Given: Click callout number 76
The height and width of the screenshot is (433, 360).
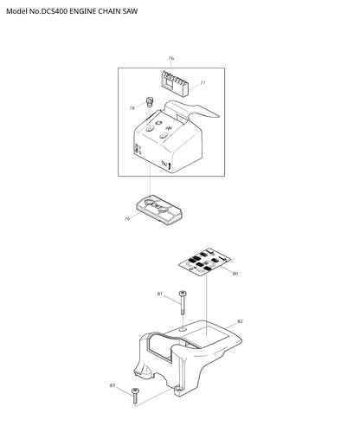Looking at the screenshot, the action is pyautogui.click(x=171, y=58).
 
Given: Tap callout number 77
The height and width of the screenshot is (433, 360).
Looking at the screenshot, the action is pyautogui.click(x=202, y=83).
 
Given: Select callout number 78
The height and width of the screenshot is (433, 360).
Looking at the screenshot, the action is pyautogui.click(x=132, y=108).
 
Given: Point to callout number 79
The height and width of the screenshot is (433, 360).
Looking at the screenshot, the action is pyautogui.click(x=127, y=219).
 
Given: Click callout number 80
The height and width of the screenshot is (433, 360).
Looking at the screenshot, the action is pyautogui.click(x=235, y=274).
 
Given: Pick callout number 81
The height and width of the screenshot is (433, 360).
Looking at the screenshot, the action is pyautogui.click(x=160, y=294).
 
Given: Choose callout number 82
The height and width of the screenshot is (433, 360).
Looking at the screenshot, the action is pyautogui.click(x=240, y=321).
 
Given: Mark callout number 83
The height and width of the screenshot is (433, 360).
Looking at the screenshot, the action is pyautogui.click(x=112, y=385).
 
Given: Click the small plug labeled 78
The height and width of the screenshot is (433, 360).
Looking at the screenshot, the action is pyautogui.click(x=150, y=102).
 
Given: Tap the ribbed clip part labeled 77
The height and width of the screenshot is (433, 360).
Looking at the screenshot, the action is pyautogui.click(x=174, y=83).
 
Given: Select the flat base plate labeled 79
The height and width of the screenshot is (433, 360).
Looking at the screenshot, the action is pyautogui.click(x=158, y=210).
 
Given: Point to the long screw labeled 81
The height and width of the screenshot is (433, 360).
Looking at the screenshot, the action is pyautogui.click(x=183, y=303).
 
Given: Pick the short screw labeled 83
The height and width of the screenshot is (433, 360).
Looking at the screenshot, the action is pyautogui.click(x=135, y=396).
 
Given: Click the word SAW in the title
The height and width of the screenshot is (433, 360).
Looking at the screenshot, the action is pyautogui.click(x=130, y=11).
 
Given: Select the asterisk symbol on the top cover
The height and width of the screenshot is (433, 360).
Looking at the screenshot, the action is pyautogui.click(x=169, y=128).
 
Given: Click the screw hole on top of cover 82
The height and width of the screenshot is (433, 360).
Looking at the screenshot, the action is pyautogui.click(x=182, y=329).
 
